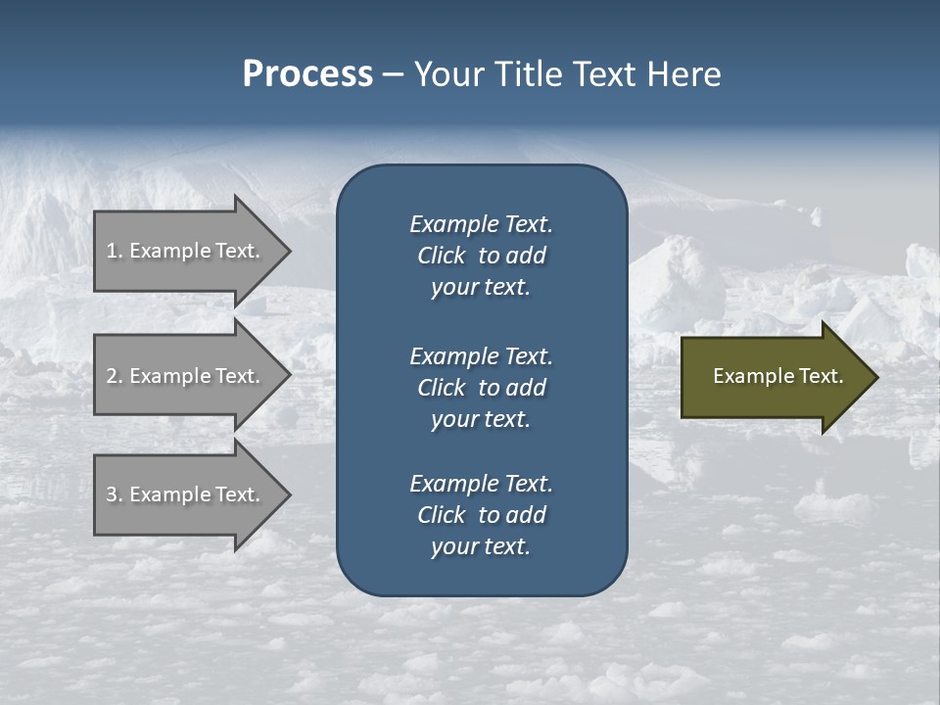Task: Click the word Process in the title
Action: pyautogui.click(x=307, y=74)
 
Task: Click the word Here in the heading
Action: pyautogui.click(x=684, y=74)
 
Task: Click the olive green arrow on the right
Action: pyautogui.click(x=774, y=377)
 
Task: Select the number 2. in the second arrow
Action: pyautogui.click(x=115, y=376)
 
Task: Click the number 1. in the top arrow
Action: pyautogui.click(x=115, y=251)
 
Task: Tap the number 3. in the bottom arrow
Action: pyautogui.click(x=115, y=495)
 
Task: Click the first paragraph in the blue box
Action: pyautogui.click(x=481, y=256)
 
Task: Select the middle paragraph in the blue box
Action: pyautogui.click(x=481, y=387)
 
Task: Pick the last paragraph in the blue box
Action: pyautogui.click(x=481, y=515)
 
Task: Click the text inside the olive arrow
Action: pyautogui.click(x=777, y=376)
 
